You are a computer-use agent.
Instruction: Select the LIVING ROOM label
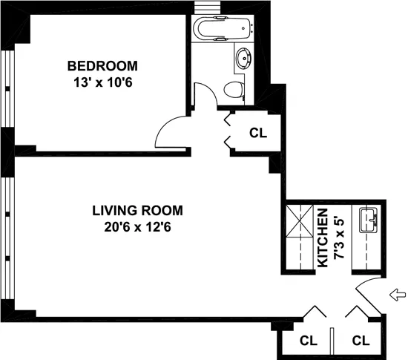click(x=137, y=209)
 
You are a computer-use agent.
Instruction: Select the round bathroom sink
click(x=244, y=58)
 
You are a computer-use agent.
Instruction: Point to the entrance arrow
click(x=398, y=295)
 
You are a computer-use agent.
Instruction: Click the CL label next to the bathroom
click(x=257, y=134)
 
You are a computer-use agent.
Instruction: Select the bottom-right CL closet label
click(x=361, y=341)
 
